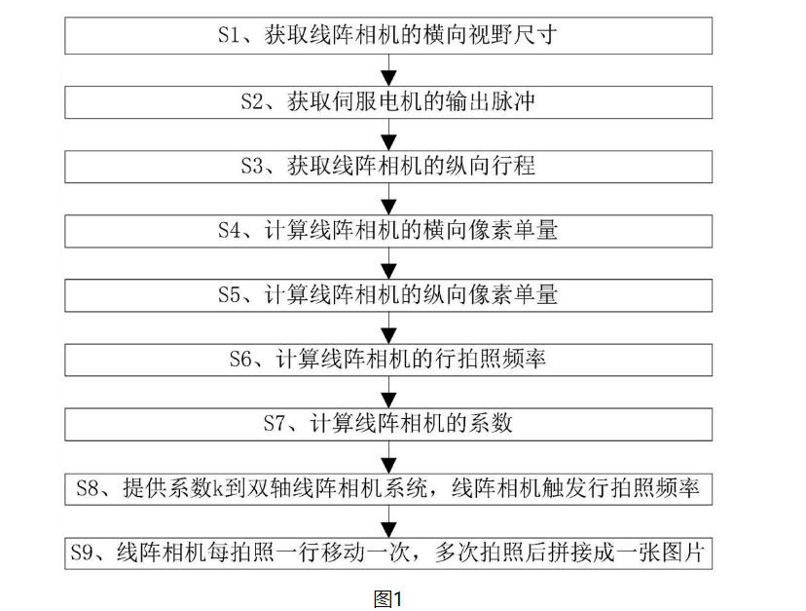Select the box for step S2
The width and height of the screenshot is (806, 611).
coord(388,101)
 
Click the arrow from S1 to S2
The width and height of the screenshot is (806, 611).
coord(388,70)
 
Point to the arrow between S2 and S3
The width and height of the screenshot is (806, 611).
coord(388,134)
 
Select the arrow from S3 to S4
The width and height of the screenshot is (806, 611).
coord(388,199)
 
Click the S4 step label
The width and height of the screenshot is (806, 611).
coord(230,231)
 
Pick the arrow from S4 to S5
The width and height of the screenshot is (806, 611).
coord(388,263)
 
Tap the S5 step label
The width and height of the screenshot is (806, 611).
coord(230,295)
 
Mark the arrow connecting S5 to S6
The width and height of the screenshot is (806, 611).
coord(388,327)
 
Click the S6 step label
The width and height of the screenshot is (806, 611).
coord(241,360)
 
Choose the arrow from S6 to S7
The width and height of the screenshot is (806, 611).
coord(388,392)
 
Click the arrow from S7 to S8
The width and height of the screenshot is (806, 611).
coord(388,456)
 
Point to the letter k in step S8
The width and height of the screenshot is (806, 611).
coord(219,488)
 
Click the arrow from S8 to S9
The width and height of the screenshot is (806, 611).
coord(388,520)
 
